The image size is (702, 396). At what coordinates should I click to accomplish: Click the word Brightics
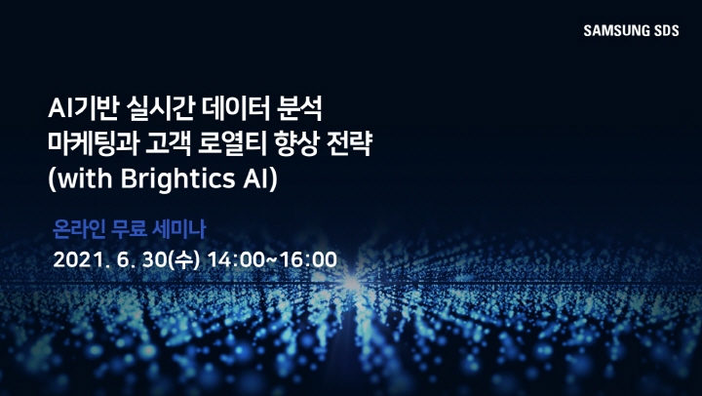click(177, 178)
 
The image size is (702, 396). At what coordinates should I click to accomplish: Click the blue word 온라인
click(79, 230)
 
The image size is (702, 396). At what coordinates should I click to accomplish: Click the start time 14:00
click(236, 259)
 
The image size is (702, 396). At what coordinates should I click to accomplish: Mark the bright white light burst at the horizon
click(351, 283)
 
